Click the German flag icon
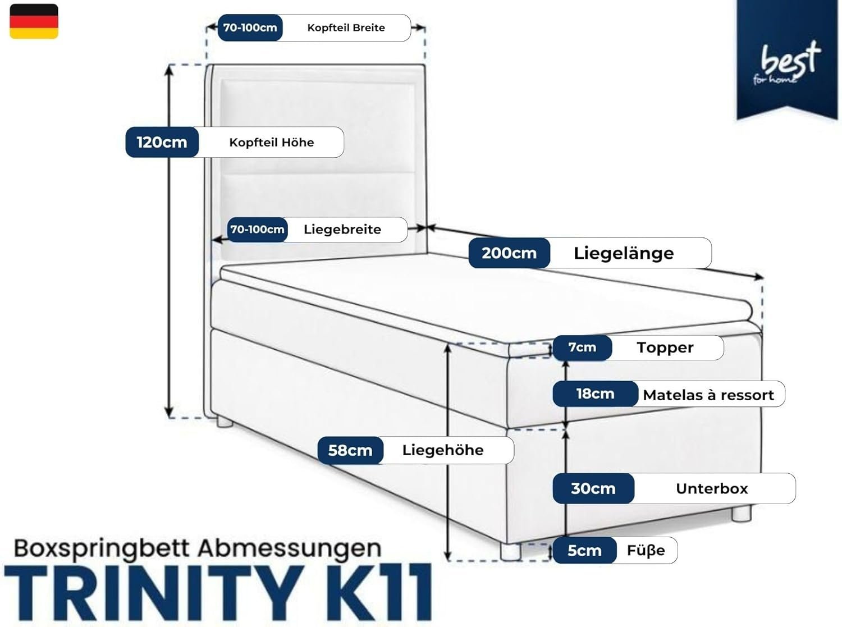34,21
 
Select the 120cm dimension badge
162,142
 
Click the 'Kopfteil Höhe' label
271,143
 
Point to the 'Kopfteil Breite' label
346,28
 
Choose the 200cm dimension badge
509,253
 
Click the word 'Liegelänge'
623,253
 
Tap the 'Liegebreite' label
342,230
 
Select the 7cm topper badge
582,347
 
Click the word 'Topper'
665,347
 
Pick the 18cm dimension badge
595,394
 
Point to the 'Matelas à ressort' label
708,395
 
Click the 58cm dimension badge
350,450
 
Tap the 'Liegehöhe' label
442,450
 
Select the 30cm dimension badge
593,488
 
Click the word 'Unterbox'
712,488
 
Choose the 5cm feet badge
584,551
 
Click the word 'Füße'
646,551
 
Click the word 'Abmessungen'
289,548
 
